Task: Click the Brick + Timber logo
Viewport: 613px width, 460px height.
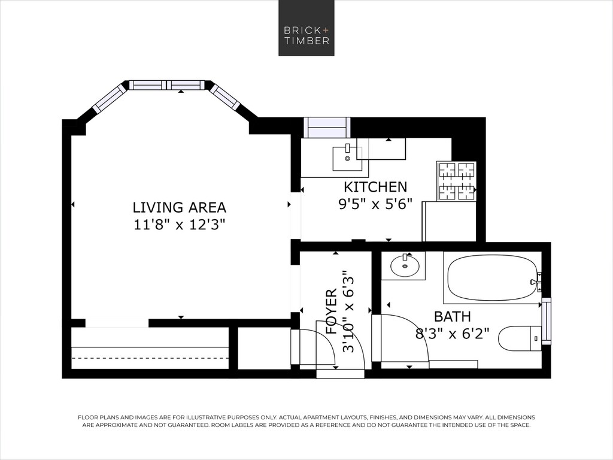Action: pyautogui.click(x=306, y=28)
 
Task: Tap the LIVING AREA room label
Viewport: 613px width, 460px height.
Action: pyautogui.click(x=180, y=207)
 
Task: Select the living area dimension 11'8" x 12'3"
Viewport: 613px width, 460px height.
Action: pyautogui.click(x=180, y=225)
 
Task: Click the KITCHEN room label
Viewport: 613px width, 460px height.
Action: pyautogui.click(x=375, y=187)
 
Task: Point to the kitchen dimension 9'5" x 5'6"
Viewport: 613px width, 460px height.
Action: pyautogui.click(x=375, y=204)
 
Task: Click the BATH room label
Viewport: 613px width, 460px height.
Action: pyautogui.click(x=453, y=316)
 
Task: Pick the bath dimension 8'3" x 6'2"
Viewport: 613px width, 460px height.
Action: pyautogui.click(x=453, y=334)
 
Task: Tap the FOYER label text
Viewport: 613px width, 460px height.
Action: pyautogui.click(x=331, y=311)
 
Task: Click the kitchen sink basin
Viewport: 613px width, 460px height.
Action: pyautogui.click(x=347, y=158)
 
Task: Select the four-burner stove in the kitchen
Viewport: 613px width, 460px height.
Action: pyautogui.click(x=456, y=181)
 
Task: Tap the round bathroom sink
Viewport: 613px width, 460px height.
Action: pyautogui.click(x=405, y=265)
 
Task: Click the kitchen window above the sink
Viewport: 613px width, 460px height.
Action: pyautogui.click(x=327, y=127)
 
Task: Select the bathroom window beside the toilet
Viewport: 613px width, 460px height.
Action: pyautogui.click(x=546, y=321)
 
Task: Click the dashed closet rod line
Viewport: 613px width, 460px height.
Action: pyautogui.click(x=150, y=358)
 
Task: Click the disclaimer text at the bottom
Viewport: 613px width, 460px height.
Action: pyautogui.click(x=306, y=421)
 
